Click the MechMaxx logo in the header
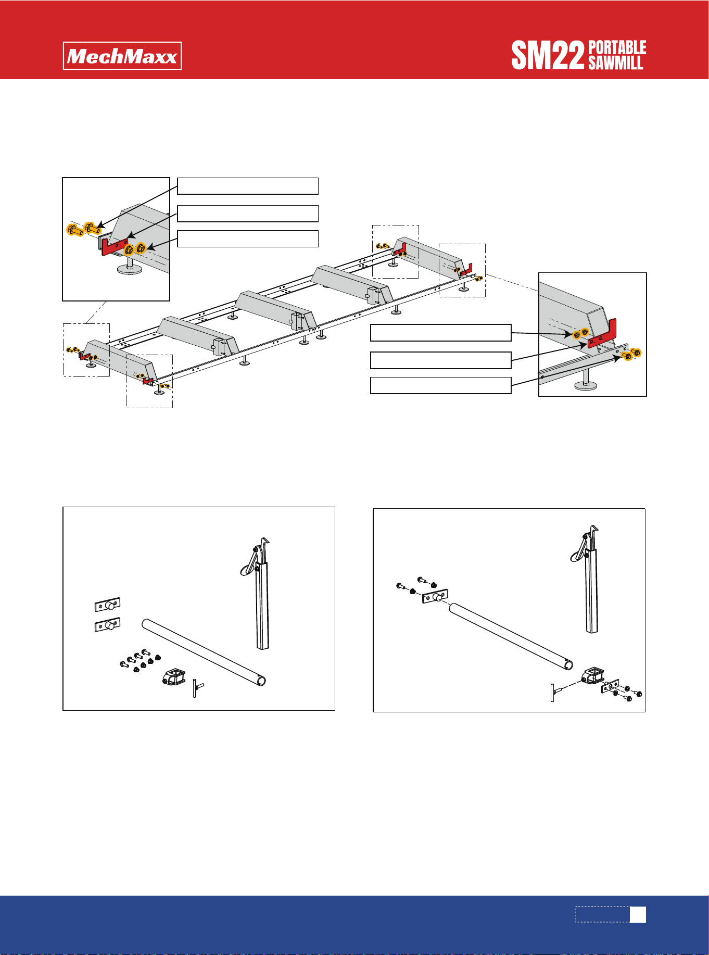tap(122, 56)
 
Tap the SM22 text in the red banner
tap(548, 56)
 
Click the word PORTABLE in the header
tap(617, 48)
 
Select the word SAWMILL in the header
tap(616, 63)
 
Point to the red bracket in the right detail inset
tap(602, 335)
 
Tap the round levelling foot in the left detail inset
tap(130, 268)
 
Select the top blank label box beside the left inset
tap(248, 186)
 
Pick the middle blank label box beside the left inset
tap(248, 213)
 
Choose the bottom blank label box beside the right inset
tap(441, 385)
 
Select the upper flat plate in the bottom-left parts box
tap(108, 605)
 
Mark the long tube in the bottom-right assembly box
tap(511, 637)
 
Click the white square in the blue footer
tap(638, 915)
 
